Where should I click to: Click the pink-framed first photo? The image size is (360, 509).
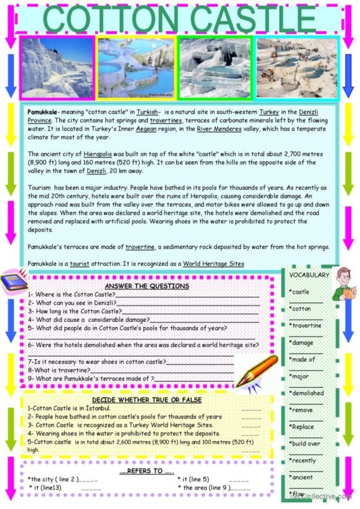click(x=57, y=67)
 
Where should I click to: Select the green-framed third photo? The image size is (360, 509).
click(x=215, y=67)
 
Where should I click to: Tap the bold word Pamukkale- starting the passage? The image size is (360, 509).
click(x=43, y=110)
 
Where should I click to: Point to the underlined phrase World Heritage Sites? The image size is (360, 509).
click(x=214, y=264)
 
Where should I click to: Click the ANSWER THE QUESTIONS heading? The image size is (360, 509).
click(x=146, y=286)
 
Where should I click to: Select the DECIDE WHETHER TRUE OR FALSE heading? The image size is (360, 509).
click(x=147, y=400)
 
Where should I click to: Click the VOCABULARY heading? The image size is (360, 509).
click(x=309, y=275)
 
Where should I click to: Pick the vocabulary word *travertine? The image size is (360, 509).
click(x=305, y=325)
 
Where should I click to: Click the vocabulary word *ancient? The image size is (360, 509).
click(x=302, y=477)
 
